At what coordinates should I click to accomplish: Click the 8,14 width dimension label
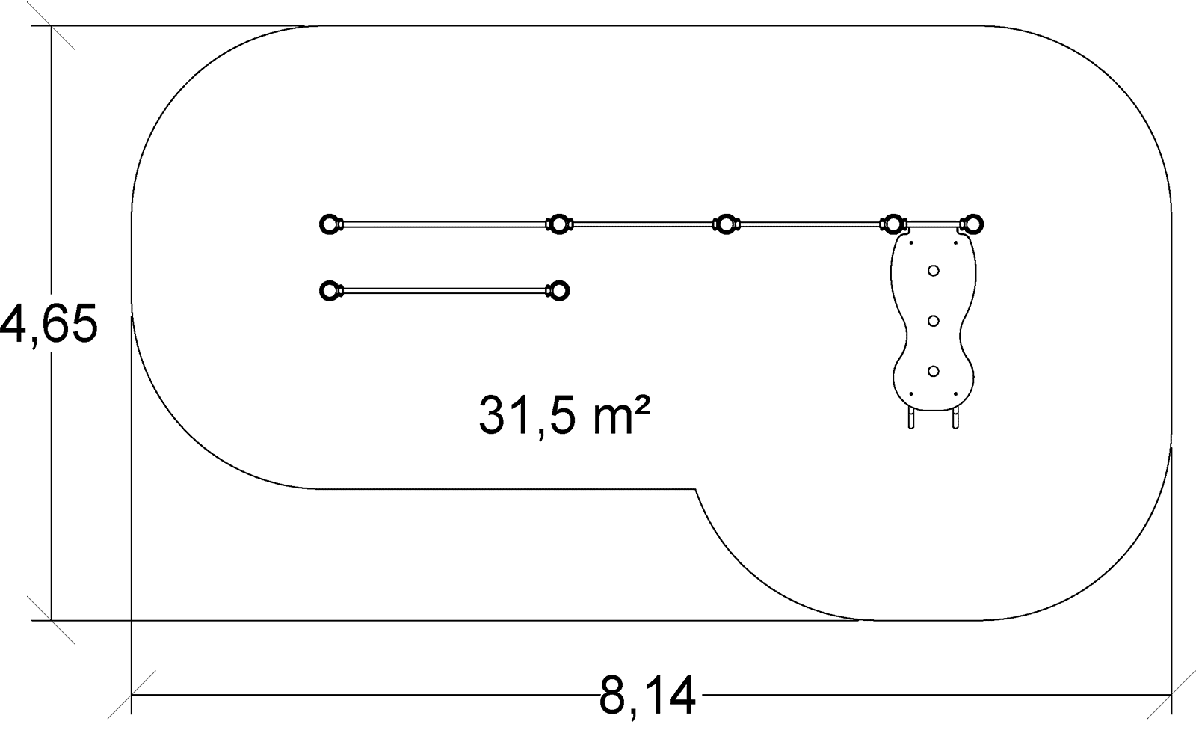tap(647, 696)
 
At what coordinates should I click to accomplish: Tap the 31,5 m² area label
tap(564, 416)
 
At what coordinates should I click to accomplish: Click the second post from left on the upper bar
tap(558, 224)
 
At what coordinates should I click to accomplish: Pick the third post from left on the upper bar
tap(725, 224)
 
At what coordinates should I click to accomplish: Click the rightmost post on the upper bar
tap(972, 224)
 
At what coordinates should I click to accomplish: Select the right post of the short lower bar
tap(559, 291)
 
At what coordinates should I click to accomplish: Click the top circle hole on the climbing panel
tap(934, 271)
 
